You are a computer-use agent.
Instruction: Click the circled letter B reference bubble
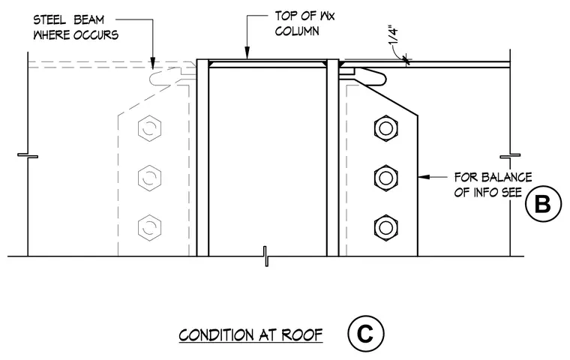544,204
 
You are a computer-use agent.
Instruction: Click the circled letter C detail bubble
365,334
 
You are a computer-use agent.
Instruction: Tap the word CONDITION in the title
216,335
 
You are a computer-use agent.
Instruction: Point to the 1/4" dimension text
394,35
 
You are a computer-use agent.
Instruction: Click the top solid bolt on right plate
385,128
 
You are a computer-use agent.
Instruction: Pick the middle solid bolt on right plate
385,178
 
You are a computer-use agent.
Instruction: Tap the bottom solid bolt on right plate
385,228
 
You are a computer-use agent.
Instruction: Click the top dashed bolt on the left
149,128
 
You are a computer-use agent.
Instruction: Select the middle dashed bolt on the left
149,178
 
